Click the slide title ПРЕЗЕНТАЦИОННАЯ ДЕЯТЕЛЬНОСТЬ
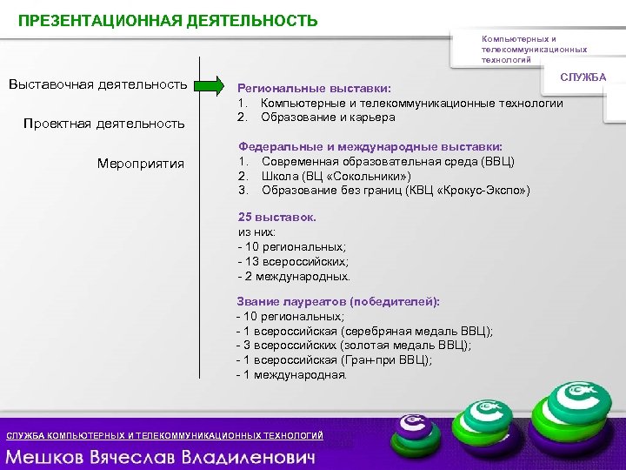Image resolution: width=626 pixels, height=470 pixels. click(169, 20)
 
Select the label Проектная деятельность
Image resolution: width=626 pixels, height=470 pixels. click(104, 124)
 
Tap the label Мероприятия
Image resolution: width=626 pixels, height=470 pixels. click(141, 163)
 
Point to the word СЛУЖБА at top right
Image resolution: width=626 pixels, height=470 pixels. click(583, 78)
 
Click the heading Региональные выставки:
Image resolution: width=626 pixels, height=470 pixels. click(315, 89)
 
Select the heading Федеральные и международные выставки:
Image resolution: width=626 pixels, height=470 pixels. click(370, 148)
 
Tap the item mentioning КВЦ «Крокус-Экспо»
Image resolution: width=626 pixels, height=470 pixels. click(396, 190)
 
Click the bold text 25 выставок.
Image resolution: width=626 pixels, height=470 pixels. click(277, 218)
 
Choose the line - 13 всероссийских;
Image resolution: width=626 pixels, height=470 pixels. click(293, 261)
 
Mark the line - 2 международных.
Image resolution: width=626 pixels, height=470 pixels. click(294, 276)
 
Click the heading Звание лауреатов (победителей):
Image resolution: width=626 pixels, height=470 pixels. click(338, 301)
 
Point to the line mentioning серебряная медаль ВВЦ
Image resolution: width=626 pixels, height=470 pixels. click(364, 331)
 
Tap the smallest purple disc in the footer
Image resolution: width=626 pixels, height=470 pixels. click(412, 427)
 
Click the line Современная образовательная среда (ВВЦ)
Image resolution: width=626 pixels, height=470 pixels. click(387, 162)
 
